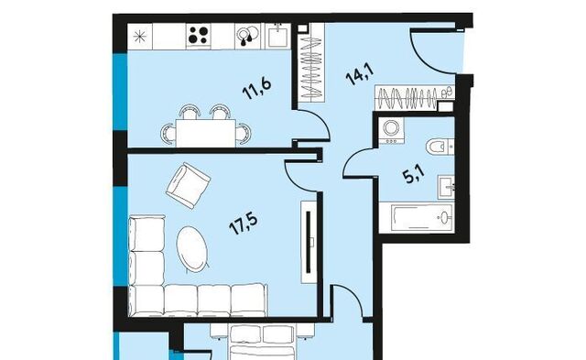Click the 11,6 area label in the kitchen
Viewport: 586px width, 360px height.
click(x=256, y=88)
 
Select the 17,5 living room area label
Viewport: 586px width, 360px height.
click(x=244, y=224)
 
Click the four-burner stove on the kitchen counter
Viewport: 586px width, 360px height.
click(x=198, y=36)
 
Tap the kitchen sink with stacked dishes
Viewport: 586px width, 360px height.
click(x=248, y=36)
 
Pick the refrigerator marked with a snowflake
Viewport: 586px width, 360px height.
click(x=140, y=37)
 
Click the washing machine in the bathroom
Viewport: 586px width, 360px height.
click(x=391, y=130)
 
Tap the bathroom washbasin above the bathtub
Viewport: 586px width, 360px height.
click(x=446, y=187)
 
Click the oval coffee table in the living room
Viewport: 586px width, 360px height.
click(x=192, y=249)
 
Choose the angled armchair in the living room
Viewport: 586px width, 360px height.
click(x=189, y=185)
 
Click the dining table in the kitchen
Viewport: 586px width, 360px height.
click(x=205, y=133)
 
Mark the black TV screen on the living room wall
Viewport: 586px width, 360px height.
click(x=309, y=242)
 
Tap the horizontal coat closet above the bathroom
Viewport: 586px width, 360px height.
click(x=414, y=98)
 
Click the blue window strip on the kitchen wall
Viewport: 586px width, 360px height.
click(x=120, y=92)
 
